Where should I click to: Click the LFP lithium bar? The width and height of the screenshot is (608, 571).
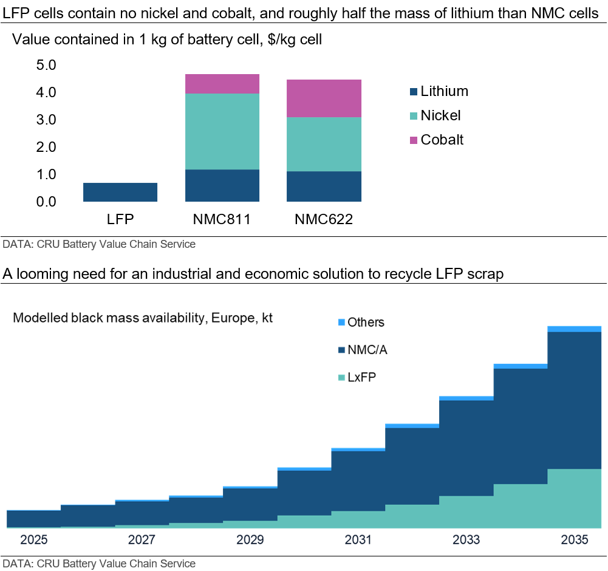click(x=120, y=192)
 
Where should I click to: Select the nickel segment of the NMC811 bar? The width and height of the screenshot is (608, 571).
click(x=222, y=131)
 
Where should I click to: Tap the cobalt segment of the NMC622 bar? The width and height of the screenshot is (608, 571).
click(x=324, y=98)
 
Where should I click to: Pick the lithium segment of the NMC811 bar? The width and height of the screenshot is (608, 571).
click(x=222, y=185)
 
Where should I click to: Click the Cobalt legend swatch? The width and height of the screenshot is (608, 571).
click(x=414, y=140)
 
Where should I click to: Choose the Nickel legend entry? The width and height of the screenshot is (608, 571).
click(x=440, y=115)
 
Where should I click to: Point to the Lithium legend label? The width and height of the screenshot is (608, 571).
click(x=444, y=91)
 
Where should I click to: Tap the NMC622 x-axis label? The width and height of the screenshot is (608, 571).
click(x=324, y=219)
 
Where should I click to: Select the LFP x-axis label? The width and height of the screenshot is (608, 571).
click(x=120, y=219)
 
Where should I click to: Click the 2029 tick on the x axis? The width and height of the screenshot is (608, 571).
click(x=250, y=540)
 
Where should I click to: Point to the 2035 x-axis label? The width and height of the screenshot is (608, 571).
click(x=575, y=540)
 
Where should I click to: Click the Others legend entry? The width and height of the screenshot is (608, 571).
click(x=366, y=323)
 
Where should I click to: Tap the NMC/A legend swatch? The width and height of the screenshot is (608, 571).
click(x=341, y=350)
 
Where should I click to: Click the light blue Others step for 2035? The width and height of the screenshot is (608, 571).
click(x=575, y=329)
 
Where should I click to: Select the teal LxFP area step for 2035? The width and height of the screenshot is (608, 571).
click(x=575, y=498)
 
